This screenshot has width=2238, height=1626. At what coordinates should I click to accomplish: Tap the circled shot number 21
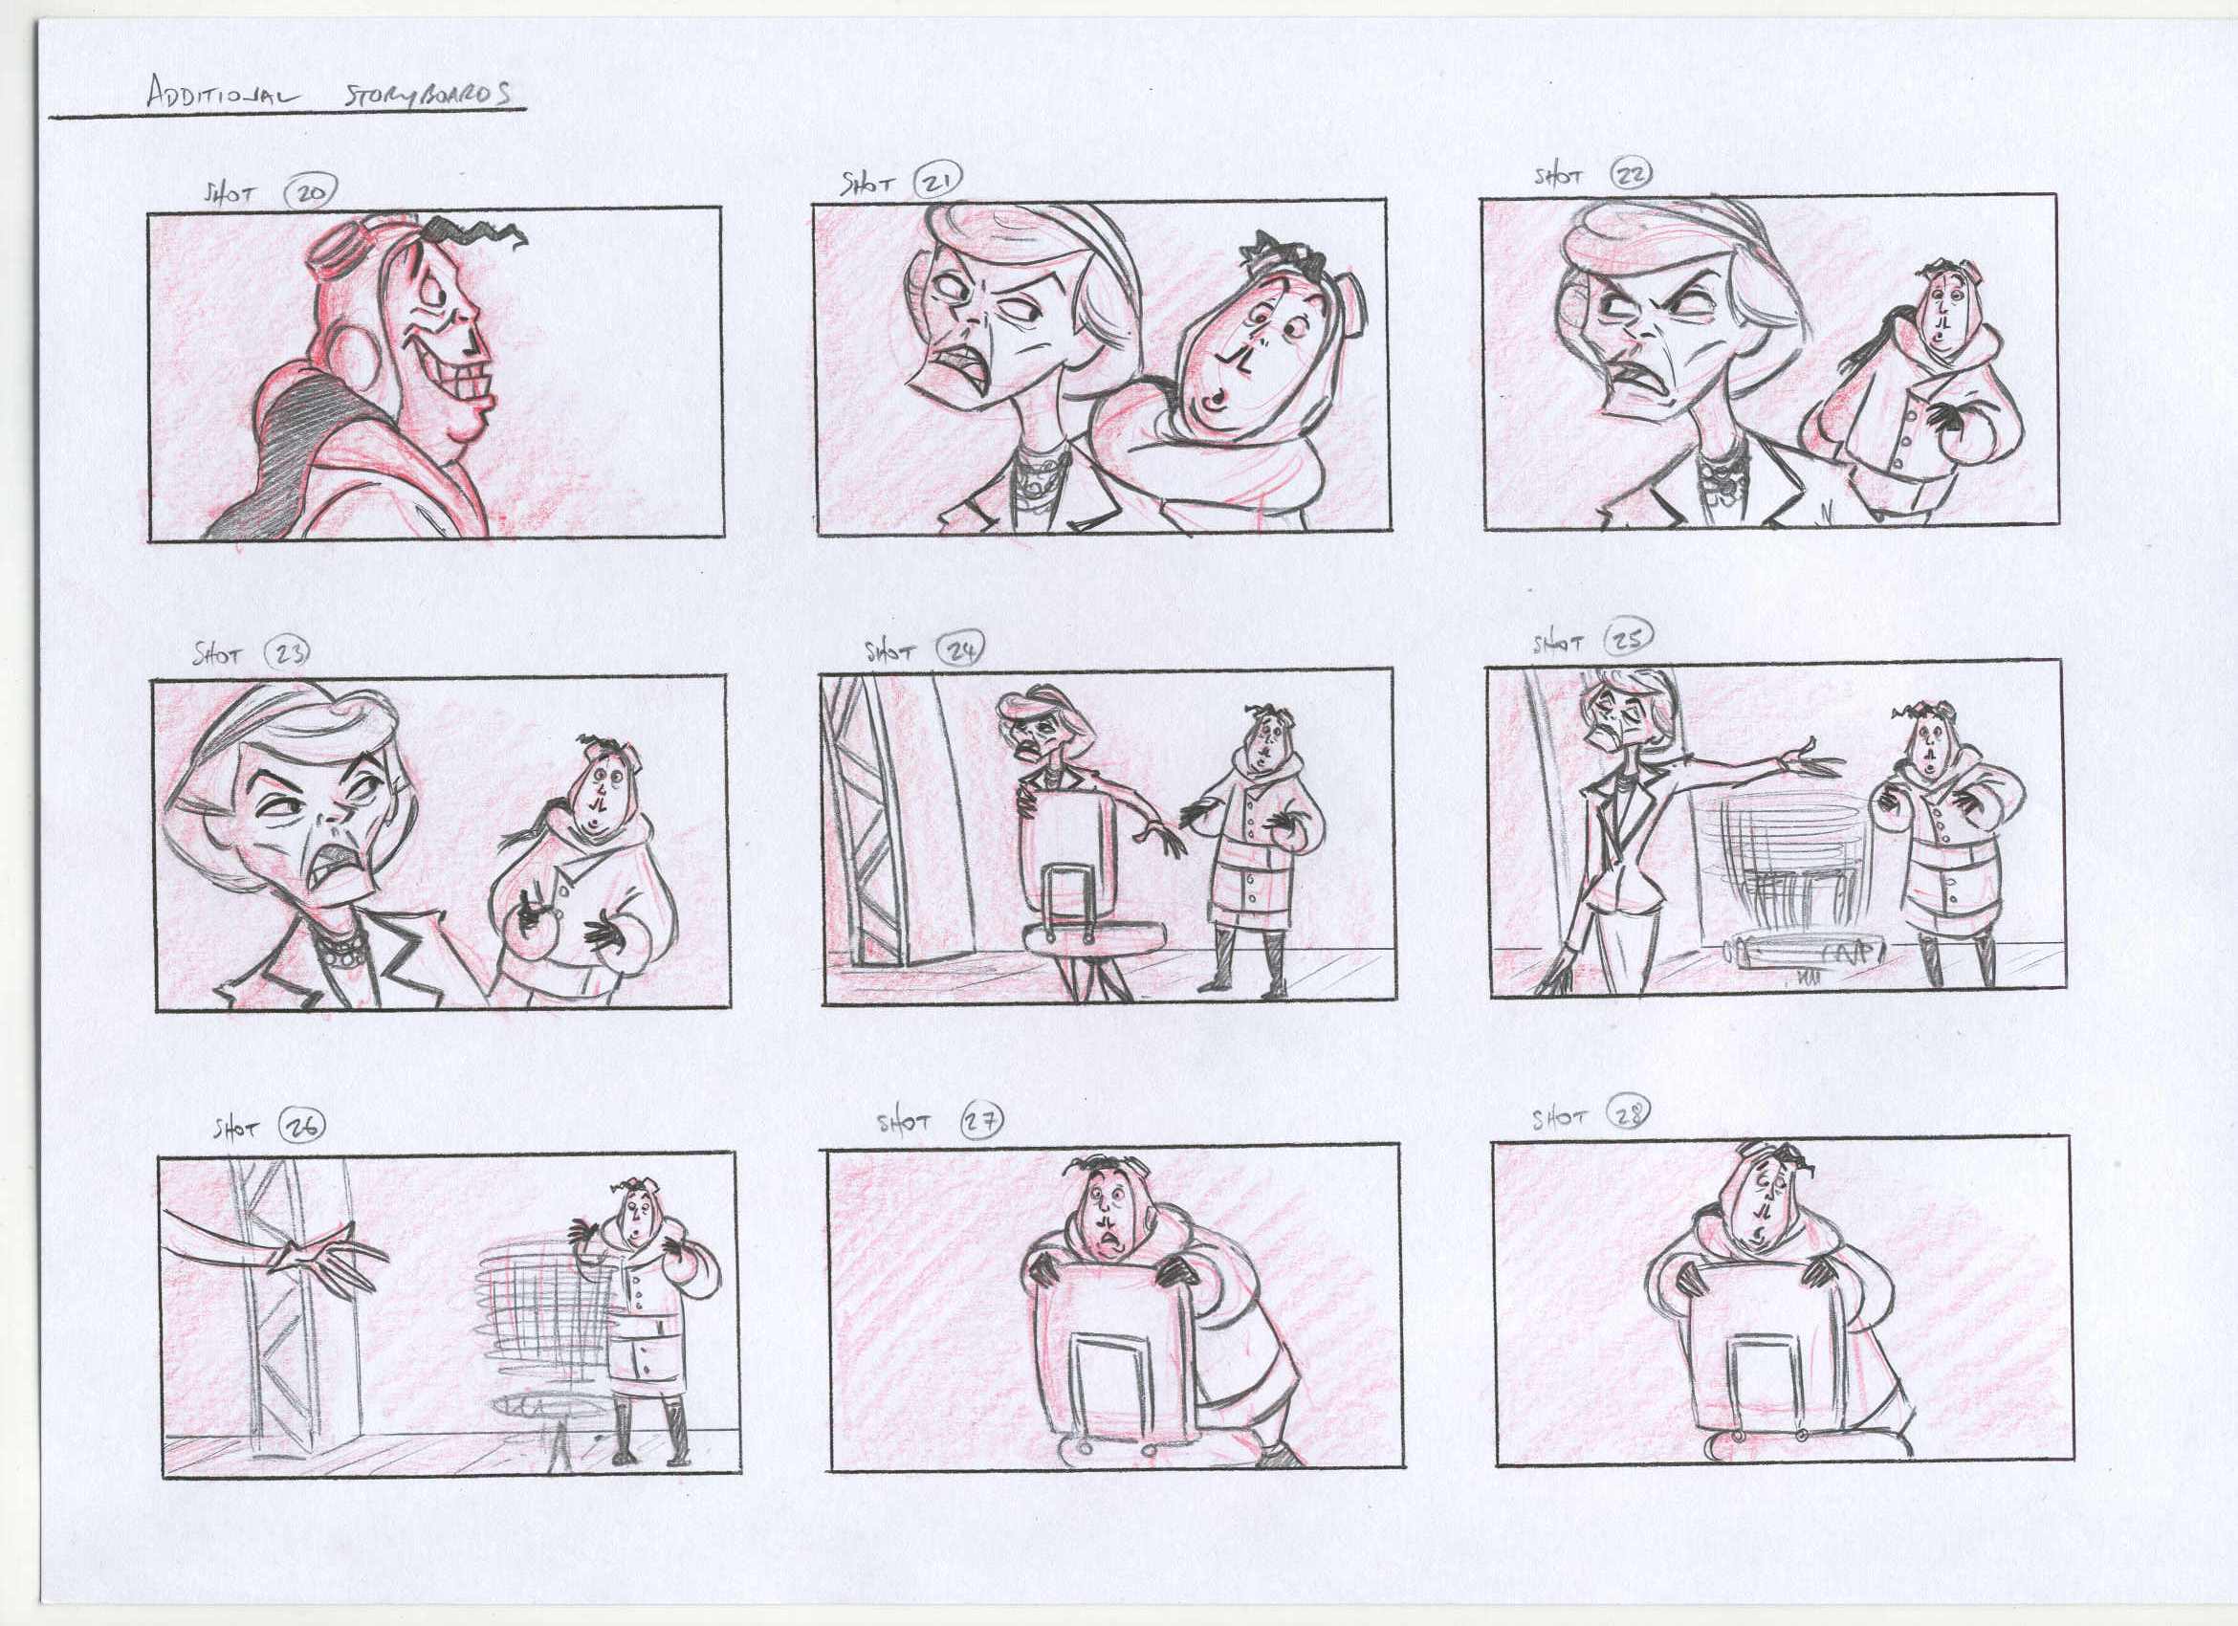[x=936, y=182]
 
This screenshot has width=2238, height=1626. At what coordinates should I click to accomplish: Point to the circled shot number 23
[x=288, y=651]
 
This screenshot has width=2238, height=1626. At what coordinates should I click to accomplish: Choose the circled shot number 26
[x=301, y=1126]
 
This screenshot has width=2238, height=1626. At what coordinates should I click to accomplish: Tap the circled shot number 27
[x=982, y=1119]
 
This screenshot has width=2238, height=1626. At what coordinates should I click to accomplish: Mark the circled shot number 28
[x=1629, y=1114]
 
